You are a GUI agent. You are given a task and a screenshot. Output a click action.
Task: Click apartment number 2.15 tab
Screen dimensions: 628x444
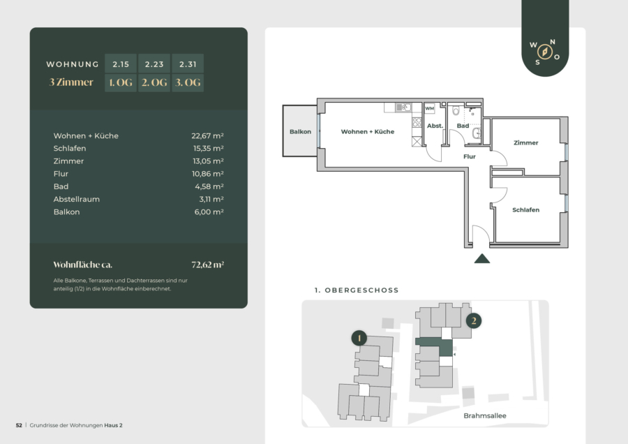click(x=121, y=64)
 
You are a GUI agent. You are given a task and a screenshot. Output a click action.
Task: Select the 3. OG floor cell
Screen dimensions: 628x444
click(x=188, y=82)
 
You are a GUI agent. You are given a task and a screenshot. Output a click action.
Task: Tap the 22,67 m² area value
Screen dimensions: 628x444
click(x=207, y=136)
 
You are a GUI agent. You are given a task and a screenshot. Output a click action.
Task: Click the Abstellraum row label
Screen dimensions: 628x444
click(x=77, y=199)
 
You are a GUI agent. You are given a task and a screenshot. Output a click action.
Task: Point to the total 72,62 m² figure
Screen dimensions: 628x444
click(x=207, y=265)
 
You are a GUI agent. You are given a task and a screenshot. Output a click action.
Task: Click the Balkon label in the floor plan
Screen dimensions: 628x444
click(x=300, y=131)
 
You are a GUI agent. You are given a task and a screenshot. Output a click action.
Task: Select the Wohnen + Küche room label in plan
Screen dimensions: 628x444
click(x=368, y=131)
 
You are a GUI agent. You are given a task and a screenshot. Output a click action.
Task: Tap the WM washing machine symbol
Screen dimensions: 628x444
click(x=430, y=108)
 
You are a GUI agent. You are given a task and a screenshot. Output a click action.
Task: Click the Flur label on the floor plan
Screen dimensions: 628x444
click(x=470, y=156)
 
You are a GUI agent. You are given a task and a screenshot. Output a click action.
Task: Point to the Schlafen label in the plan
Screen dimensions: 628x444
click(x=526, y=209)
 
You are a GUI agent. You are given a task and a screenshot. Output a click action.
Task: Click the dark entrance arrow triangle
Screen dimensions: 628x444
click(x=481, y=258)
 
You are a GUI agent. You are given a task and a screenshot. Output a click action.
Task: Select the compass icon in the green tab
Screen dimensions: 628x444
click(x=545, y=52)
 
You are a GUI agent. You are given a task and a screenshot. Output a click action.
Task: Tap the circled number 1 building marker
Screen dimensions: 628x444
click(x=359, y=338)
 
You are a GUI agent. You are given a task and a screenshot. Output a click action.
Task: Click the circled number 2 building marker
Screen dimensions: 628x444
click(x=474, y=320)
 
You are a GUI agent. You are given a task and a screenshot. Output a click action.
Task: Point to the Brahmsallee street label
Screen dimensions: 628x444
click(x=485, y=415)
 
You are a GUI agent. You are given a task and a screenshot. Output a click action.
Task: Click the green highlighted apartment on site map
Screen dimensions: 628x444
click(x=444, y=346)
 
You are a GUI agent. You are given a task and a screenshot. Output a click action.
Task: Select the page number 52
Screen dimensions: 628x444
click(x=19, y=425)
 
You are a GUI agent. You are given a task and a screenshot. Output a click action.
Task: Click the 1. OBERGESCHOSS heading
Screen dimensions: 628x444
click(x=357, y=290)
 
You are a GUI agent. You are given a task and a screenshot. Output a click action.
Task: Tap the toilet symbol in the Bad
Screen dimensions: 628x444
click(x=456, y=110)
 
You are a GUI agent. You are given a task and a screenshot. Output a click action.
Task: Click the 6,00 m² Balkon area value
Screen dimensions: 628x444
click(x=209, y=212)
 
